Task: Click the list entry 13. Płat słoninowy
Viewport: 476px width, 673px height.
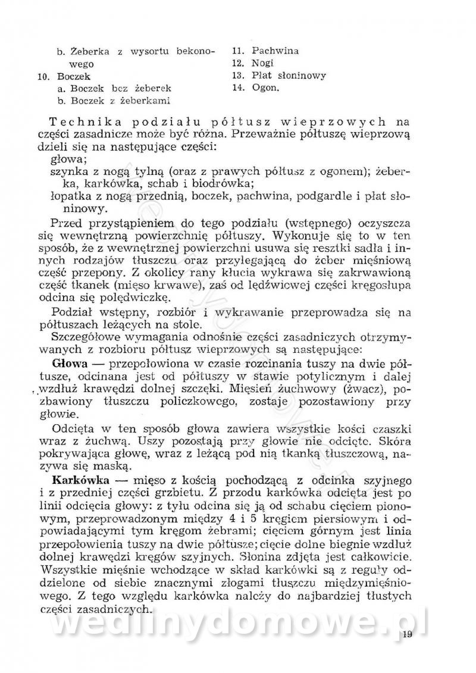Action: (279, 76)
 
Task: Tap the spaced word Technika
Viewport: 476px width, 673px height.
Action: (90, 122)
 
